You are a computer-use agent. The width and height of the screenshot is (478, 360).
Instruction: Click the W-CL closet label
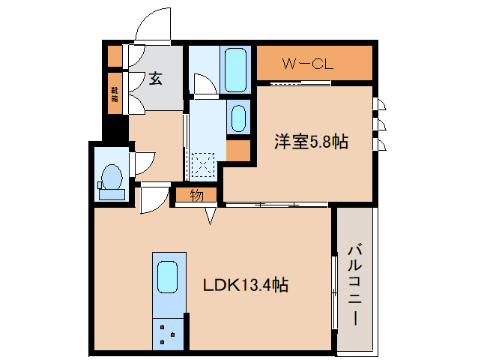(307, 64)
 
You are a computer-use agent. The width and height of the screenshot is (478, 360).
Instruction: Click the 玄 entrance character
(155, 78)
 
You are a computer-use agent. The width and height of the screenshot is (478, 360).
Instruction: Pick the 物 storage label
(196, 196)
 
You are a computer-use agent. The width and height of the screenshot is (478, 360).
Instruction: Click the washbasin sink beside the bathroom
(238, 118)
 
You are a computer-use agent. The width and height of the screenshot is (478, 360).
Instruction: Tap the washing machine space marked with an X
(202, 163)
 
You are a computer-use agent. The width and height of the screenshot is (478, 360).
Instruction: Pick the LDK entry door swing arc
(154, 198)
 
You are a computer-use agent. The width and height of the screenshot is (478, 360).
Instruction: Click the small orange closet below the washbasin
(238, 150)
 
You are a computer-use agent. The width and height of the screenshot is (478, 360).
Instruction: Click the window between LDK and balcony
(333, 292)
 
